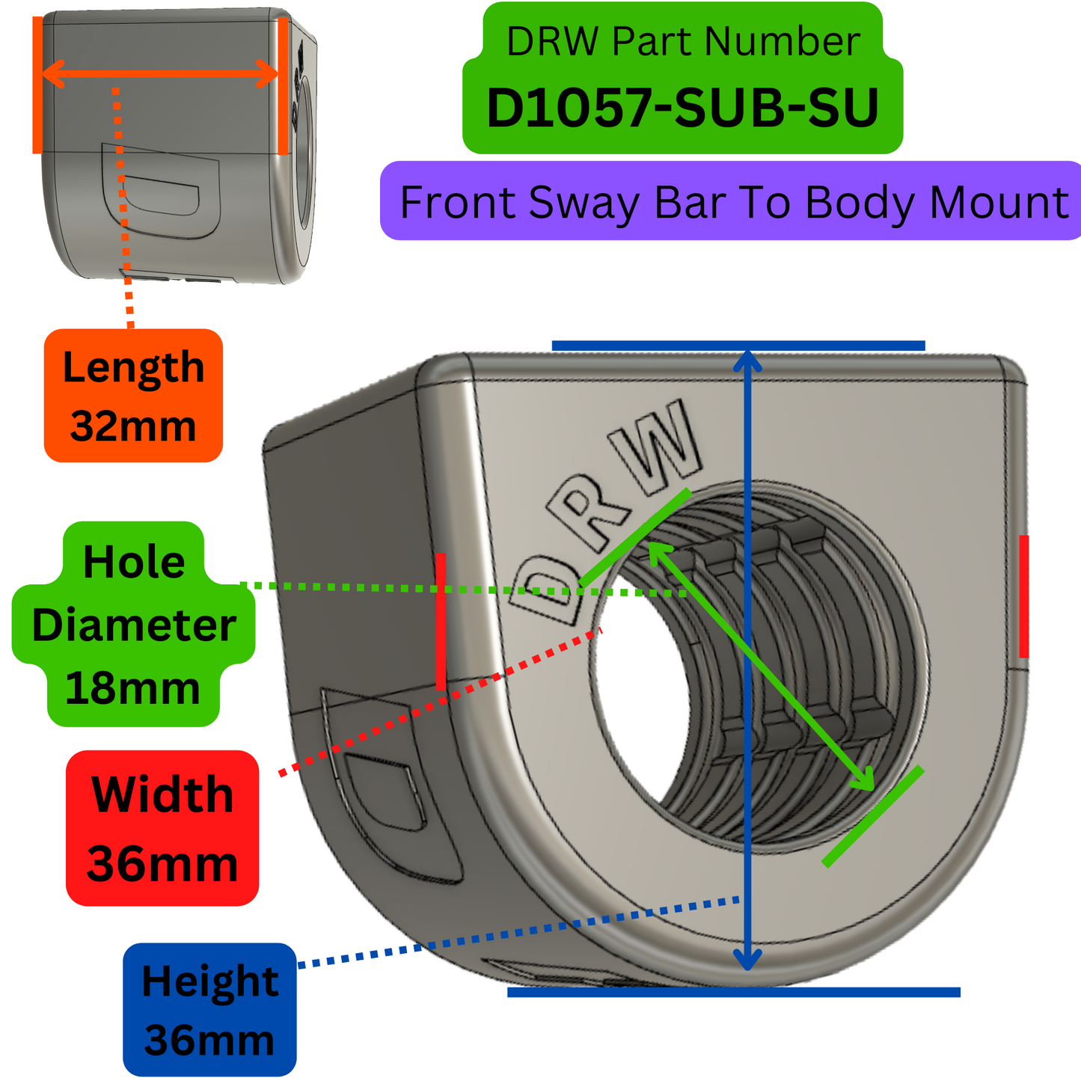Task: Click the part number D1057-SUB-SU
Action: click(x=682, y=109)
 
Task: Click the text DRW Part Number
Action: click(x=682, y=42)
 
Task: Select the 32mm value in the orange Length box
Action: click(x=133, y=426)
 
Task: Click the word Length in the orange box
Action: click(x=133, y=368)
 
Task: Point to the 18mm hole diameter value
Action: click(x=133, y=688)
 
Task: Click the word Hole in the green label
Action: click(x=134, y=562)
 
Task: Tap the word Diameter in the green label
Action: click(x=134, y=625)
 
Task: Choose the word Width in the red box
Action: click(x=162, y=794)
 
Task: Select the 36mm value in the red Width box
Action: click(x=162, y=864)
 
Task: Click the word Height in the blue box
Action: click(x=209, y=982)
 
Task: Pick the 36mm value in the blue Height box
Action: click(x=209, y=1041)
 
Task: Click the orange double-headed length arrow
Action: click(x=159, y=73)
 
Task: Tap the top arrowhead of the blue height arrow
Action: click(x=747, y=360)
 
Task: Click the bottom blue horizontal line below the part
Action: click(x=733, y=992)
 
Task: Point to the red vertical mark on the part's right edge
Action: click(x=1023, y=596)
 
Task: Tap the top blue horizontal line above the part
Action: click(x=738, y=346)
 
